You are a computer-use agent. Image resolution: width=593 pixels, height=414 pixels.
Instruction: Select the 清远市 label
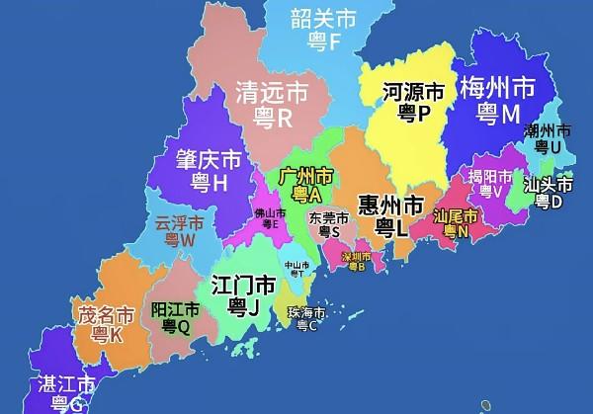point(271,93)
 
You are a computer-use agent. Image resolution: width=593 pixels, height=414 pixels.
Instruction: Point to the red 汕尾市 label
point(456,215)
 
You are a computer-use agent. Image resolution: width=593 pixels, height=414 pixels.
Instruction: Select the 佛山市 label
point(270,211)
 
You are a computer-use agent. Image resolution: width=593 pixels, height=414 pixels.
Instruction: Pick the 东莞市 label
point(328,217)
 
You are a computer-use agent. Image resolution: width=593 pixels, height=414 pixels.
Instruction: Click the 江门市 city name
point(243,285)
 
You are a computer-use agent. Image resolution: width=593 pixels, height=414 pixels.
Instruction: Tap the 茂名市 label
point(106,316)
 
